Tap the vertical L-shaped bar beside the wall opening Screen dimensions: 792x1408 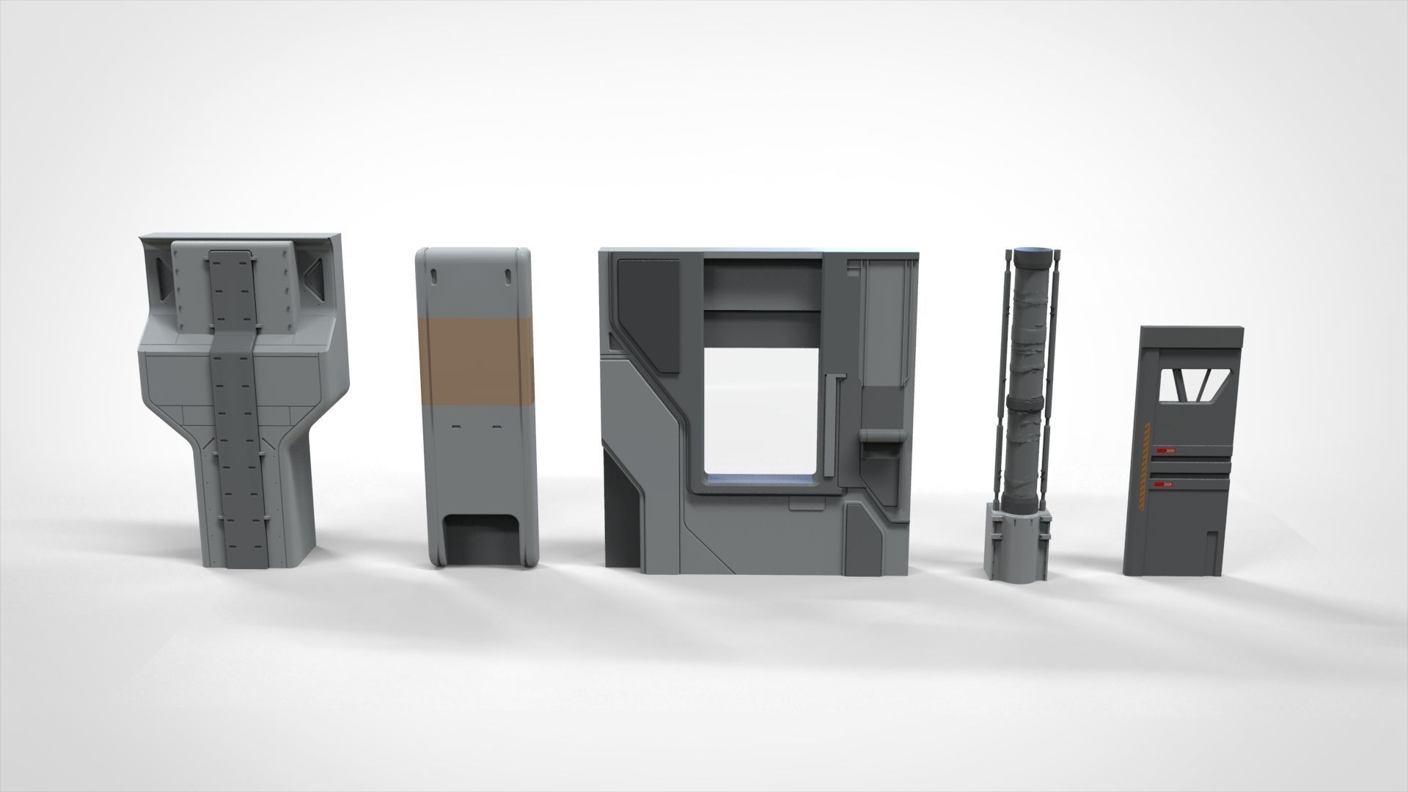(x=830, y=425)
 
